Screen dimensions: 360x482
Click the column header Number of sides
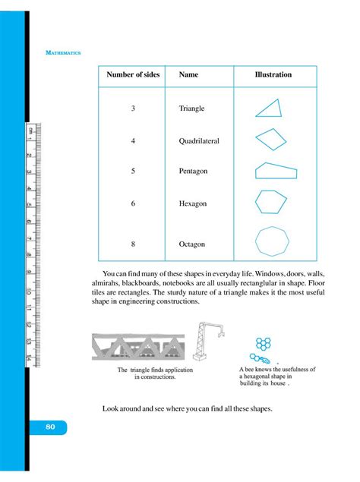133,75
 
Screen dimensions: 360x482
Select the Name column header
188,75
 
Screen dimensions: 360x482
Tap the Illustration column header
273,75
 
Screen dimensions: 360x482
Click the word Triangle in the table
191,109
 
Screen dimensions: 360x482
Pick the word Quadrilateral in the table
199,141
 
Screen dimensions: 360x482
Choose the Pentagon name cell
193,172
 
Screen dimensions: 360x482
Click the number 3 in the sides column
132,109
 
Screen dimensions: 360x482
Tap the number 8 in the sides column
132,244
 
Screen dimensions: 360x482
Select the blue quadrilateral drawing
270,139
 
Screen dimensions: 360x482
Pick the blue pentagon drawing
275,171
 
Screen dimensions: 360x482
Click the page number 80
50,427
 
